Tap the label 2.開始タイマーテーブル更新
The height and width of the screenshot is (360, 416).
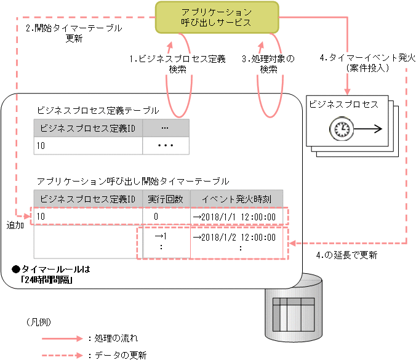(x=73, y=33)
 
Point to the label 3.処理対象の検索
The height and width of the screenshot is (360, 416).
(x=268, y=64)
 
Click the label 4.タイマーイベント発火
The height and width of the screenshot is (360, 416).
(x=367, y=62)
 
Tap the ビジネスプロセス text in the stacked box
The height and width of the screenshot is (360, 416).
(x=343, y=105)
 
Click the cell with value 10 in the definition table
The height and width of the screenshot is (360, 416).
(x=88, y=147)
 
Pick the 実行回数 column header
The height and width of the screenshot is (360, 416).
(x=166, y=199)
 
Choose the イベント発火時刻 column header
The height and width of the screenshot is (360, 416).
(x=236, y=199)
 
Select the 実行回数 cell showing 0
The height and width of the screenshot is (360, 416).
(x=156, y=217)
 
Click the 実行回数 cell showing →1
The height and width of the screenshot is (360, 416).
(x=161, y=236)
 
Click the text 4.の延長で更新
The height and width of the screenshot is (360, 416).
(x=346, y=255)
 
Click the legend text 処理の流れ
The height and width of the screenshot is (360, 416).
(x=117, y=338)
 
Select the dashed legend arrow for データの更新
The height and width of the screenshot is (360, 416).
(x=62, y=355)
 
